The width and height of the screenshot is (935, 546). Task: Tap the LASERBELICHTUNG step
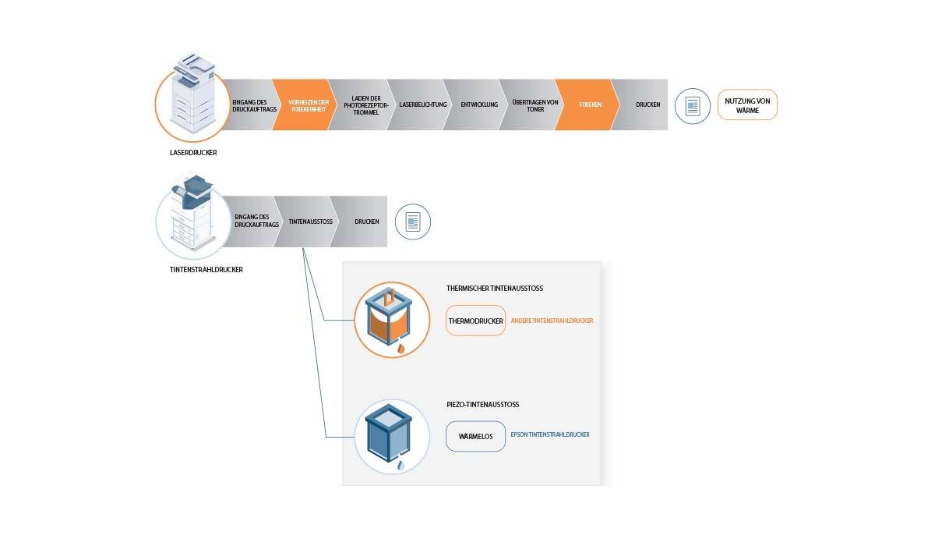click(x=422, y=105)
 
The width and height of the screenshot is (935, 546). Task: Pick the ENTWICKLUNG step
click(x=479, y=105)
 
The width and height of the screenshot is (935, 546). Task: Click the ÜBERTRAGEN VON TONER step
click(x=535, y=105)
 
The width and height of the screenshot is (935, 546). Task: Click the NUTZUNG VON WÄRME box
click(x=747, y=105)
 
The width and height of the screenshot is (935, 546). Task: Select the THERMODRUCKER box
click(x=475, y=321)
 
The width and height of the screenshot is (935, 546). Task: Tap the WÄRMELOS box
click(x=475, y=437)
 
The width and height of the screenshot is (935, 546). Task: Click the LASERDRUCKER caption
click(x=192, y=153)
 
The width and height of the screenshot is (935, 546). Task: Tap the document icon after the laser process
click(x=692, y=105)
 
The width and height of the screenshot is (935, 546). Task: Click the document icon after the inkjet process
click(x=412, y=222)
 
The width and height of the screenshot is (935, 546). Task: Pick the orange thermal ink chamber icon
click(x=391, y=320)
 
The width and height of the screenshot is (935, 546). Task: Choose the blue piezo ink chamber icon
click(x=391, y=435)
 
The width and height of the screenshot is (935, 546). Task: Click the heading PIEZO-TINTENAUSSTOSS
click(x=482, y=405)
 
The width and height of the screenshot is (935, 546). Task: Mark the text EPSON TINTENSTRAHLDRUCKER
click(x=549, y=434)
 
